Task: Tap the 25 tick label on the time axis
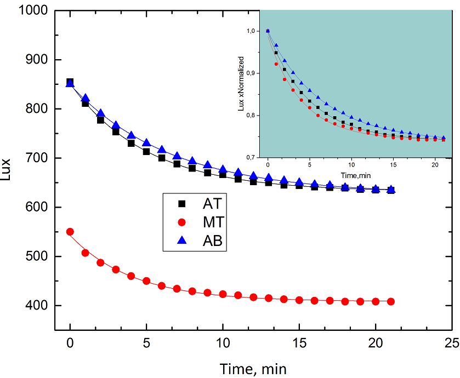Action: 451,343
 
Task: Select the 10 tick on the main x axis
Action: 223,343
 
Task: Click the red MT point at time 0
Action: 70,232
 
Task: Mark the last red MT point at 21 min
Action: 390,301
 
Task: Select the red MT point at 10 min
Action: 223,294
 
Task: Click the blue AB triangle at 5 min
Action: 146,142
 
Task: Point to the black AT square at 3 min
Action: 116,131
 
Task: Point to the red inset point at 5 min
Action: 310,107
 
